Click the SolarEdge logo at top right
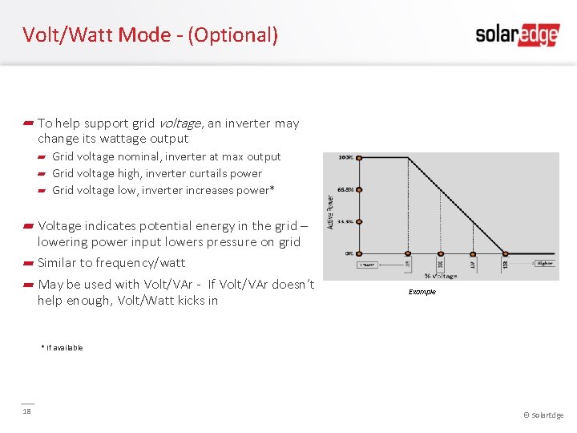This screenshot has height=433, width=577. click(x=517, y=34)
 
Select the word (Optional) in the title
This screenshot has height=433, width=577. click(x=232, y=34)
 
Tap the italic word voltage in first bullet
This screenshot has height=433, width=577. click(x=180, y=123)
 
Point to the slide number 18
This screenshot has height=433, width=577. click(x=26, y=412)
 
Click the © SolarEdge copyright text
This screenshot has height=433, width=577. click(x=543, y=415)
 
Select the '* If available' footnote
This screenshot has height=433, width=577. click(x=62, y=347)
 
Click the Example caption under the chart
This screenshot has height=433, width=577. click(x=422, y=292)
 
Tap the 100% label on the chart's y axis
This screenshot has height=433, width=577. click(x=346, y=158)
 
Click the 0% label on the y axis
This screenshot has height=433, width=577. click(x=349, y=253)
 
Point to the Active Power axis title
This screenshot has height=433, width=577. click(x=331, y=210)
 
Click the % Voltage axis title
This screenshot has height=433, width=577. click(x=441, y=276)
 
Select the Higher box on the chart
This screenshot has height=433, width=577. click(x=545, y=263)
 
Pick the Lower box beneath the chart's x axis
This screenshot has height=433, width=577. click(x=367, y=264)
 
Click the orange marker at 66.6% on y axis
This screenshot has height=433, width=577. click(x=359, y=189)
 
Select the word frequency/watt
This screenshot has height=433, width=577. click(x=140, y=263)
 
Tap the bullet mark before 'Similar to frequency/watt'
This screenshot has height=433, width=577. click(x=28, y=263)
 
